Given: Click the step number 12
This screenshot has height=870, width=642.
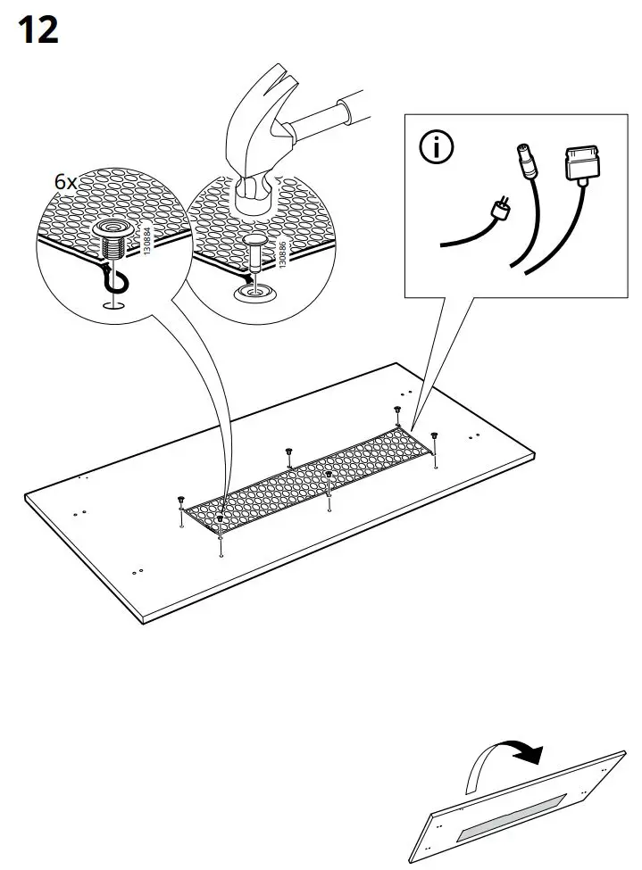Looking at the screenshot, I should (38, 29).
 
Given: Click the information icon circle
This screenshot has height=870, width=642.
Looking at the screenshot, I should (437, 148).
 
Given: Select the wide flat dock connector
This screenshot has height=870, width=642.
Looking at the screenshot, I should (578, 167).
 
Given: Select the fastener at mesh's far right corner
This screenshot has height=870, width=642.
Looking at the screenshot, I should (435, 436).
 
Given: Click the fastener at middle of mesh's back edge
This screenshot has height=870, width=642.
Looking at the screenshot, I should (289, 452).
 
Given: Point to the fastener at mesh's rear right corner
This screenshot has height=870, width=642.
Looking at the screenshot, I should (396, 410).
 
